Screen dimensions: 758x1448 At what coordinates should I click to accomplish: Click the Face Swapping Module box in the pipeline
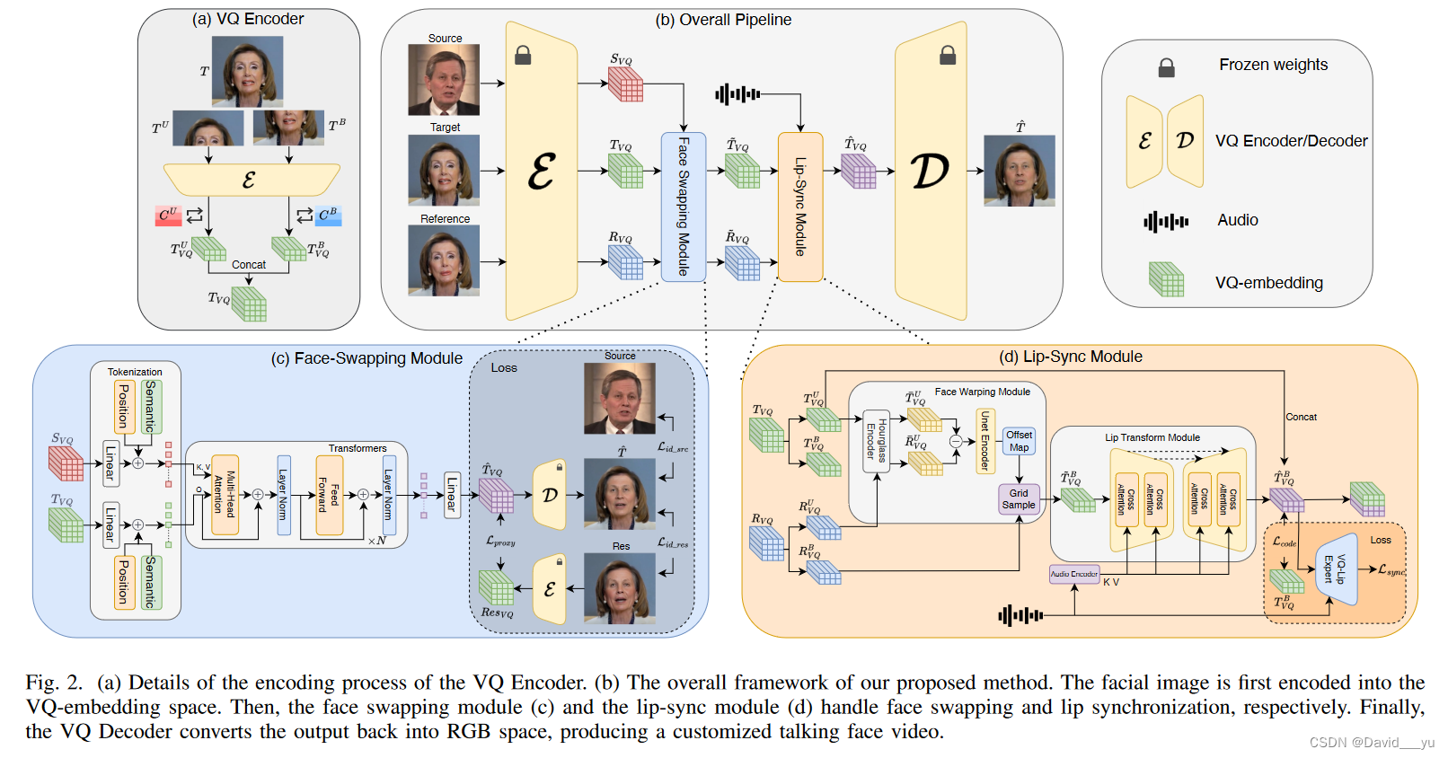[x=683, y=207]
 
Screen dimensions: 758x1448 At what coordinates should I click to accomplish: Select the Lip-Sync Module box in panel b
[x=800, y=207]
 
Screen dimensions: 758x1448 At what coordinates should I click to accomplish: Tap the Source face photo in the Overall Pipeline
[x=444, y=80]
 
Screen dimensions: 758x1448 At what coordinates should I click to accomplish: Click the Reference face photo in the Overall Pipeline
[x=444, y=260]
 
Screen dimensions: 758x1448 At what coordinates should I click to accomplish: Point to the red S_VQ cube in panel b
[x=626, y=84]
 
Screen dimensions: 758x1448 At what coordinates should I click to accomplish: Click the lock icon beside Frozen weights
[x=1166, y=67]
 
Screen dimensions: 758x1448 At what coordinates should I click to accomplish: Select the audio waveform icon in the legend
[x=1166, y=221]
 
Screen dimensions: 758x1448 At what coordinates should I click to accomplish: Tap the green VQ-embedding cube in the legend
[x=1166, y=279]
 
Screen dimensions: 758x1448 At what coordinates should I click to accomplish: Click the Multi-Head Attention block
[x=225, y=494]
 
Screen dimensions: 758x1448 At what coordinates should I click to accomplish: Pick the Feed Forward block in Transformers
[x=329, y=494]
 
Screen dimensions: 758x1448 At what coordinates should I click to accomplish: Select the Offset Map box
[x=1019, y=441]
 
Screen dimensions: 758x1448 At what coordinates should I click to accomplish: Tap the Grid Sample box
[x=1019, y=498]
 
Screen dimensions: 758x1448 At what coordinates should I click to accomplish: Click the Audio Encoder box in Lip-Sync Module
[x=1074, y=574]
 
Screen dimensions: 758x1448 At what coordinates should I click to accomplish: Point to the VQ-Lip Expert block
[x=1335, y=568]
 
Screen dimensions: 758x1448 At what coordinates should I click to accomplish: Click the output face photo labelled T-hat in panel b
[x=1020, y=171]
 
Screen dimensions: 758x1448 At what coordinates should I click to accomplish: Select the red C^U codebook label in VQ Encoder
[x=168, y=216]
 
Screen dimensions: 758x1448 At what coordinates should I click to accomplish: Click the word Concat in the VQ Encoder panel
[x=249, y=265]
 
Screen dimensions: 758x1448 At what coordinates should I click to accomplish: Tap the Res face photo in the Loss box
[x=620, y=588]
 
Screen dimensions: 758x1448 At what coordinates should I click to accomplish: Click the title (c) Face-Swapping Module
[x=366, y=358]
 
